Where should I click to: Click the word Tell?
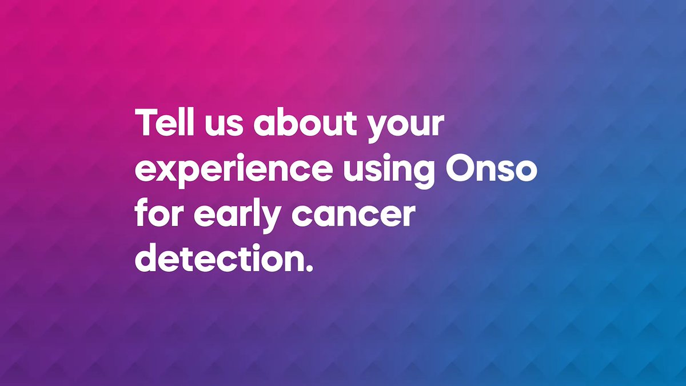(165, 122)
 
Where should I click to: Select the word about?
(305, 122)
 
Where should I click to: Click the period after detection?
(310, 268)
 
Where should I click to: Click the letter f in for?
(142, 212)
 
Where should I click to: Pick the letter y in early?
(269, 220)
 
